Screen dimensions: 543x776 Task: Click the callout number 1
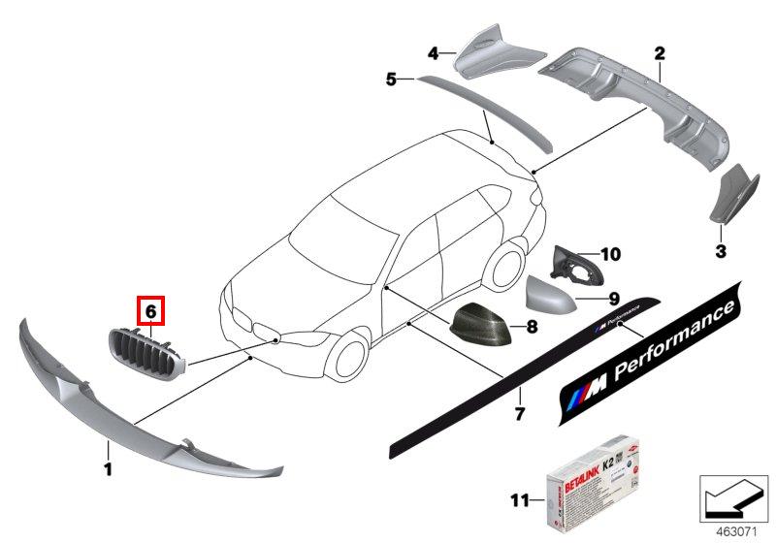click(108, 470)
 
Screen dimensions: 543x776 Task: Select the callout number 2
click(659, 52)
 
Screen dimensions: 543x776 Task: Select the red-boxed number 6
click(151, 311)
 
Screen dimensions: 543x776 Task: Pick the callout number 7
click(519, 414)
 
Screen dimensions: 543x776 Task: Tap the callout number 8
click(532, 327)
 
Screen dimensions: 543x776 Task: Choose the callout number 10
click(609, 255)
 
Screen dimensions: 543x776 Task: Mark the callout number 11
click(520, 500)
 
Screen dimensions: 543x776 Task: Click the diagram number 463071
click(735, 531)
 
